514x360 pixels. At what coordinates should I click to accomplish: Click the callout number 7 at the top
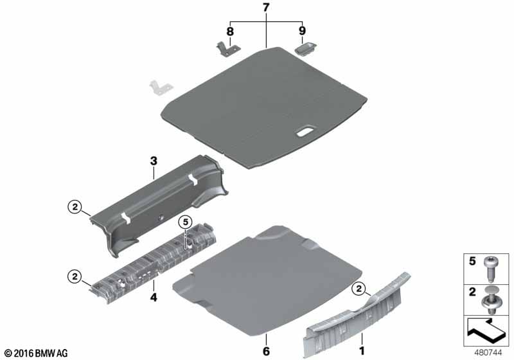point(266,8)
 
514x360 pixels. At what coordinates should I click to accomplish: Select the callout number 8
point(230,32)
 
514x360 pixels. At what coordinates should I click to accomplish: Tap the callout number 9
point(302,30)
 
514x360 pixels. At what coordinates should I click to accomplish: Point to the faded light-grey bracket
point(161,87)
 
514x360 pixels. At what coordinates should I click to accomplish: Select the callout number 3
point(154,161)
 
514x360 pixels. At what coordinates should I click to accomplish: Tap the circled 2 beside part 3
point(75,207)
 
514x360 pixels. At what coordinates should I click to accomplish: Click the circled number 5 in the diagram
point(186,222)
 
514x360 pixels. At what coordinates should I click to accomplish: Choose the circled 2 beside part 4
point(75,276)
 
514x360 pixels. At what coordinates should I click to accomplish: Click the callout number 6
point(266,351)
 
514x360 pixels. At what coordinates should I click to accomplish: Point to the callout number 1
point(362,351)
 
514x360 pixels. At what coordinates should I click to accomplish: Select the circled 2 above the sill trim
point(359,289)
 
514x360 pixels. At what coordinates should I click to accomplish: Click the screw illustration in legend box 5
point(490,269)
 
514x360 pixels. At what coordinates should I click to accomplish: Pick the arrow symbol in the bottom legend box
point(486,332)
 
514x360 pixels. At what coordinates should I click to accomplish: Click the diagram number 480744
point(488,353)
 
